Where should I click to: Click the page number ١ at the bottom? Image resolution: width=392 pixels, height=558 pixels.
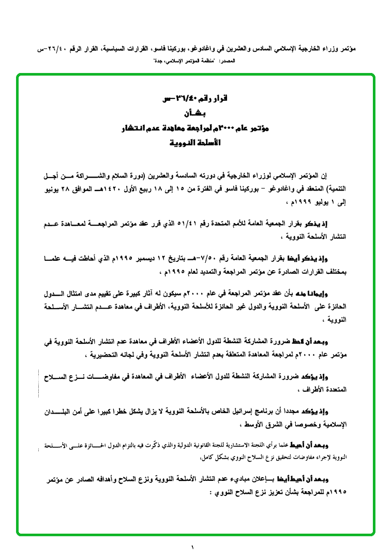pyautogui.click(x=192, y=547)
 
